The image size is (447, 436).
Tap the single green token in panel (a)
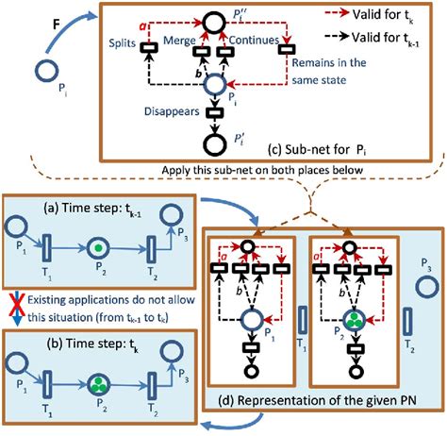95,251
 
